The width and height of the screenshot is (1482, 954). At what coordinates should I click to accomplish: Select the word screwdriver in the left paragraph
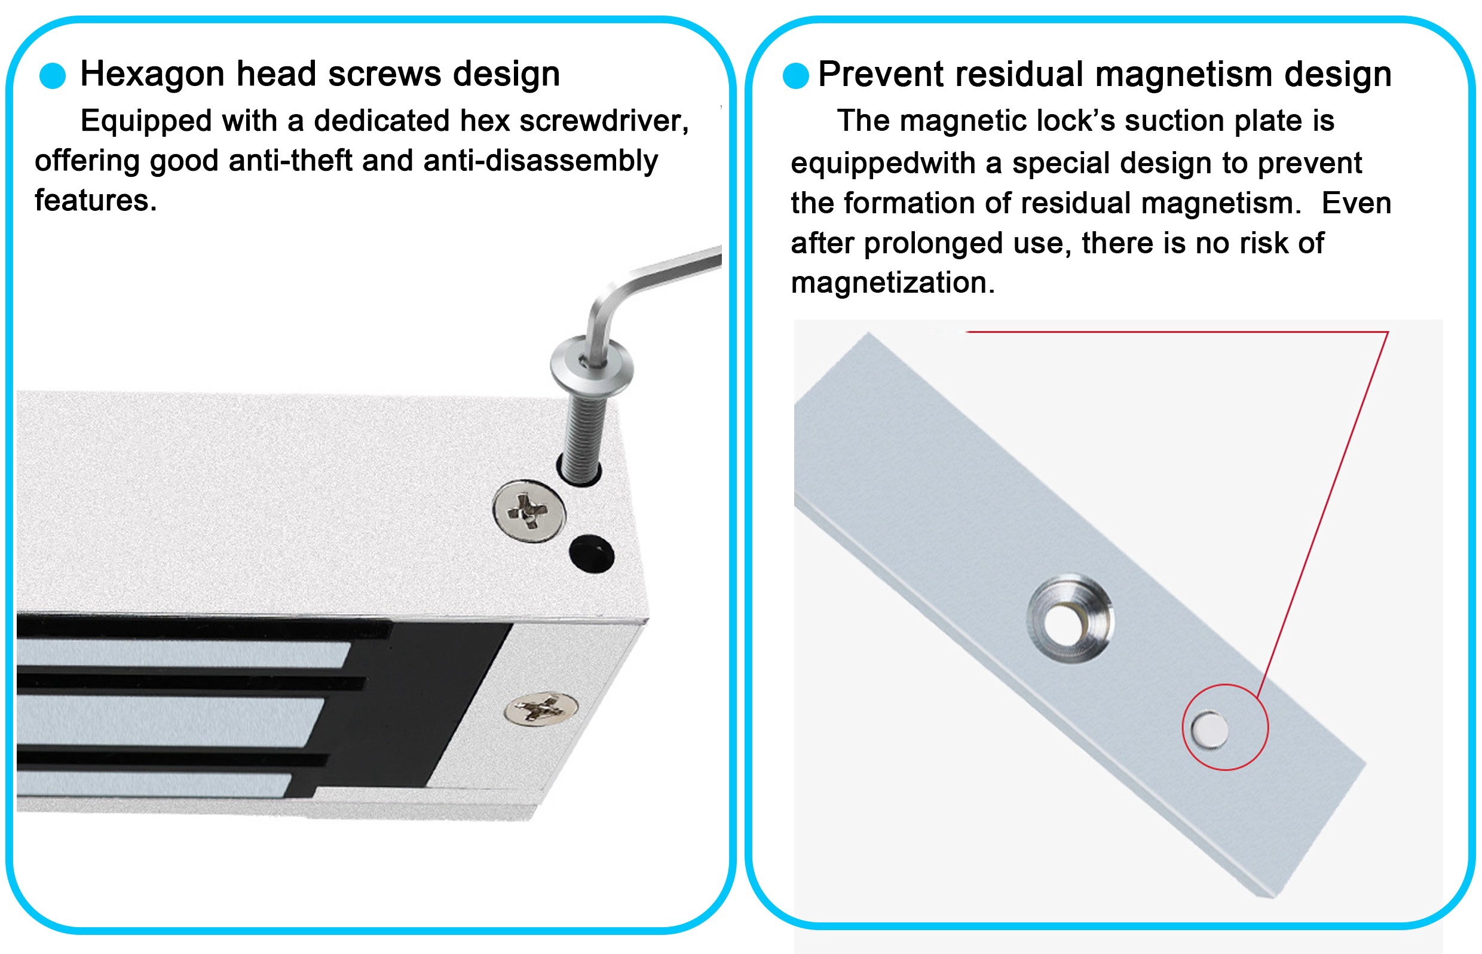click(x=604, y=121)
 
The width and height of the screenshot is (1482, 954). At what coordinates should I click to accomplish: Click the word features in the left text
click(x=96, y=201)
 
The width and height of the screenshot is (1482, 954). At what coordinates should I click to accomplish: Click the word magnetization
click(x=893, y=283)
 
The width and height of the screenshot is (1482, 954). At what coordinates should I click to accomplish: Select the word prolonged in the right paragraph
click(x=933, y=244)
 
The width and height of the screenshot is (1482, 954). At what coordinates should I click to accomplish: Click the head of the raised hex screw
click(x=592, y=366)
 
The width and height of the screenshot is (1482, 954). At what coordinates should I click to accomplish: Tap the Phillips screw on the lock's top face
click(x=529, y=511)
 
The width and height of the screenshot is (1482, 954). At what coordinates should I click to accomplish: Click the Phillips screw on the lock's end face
click(x=541, y=708)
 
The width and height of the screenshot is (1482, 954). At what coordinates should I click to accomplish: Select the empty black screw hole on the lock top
click(x=592, y=554)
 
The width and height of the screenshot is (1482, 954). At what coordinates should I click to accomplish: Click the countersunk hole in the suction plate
click(x=1070, y=619)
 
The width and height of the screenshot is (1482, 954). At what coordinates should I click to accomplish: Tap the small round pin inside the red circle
click(x=1210, y=729)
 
